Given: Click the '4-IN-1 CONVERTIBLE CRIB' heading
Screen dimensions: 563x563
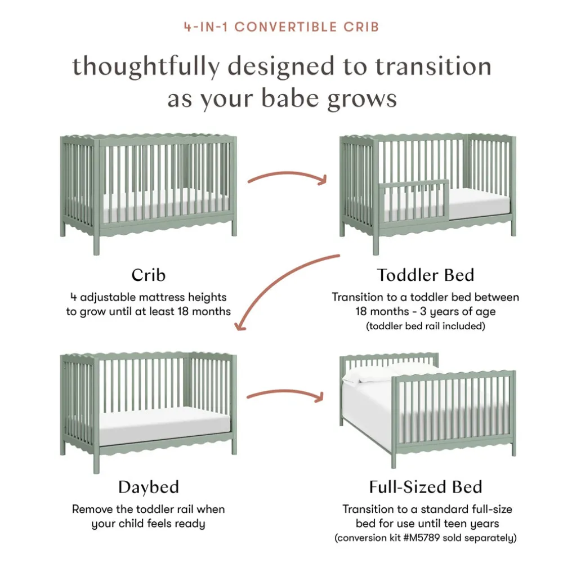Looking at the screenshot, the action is click(x=281, y=27).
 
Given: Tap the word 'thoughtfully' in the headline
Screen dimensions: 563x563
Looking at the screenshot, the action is click(x=146, y=67).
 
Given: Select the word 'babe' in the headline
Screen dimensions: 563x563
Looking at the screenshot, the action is click(x=290, y=98).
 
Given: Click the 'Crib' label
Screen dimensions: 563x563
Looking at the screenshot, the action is click(x=148, y=275).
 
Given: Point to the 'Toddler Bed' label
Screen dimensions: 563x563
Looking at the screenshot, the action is click(x=426, y=275).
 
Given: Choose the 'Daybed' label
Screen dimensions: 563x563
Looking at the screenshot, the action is click(x=148, y=487).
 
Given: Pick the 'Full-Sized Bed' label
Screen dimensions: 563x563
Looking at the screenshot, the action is click(x=426, y=487).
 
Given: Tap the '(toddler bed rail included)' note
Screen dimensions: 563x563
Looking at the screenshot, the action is click(x=426, y=326).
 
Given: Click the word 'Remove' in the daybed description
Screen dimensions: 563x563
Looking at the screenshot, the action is click(x=92, y=509).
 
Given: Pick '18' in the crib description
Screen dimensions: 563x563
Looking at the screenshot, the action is click(x=183, y=311).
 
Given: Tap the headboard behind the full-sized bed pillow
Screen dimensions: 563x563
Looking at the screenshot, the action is click(x=389, y=361).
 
